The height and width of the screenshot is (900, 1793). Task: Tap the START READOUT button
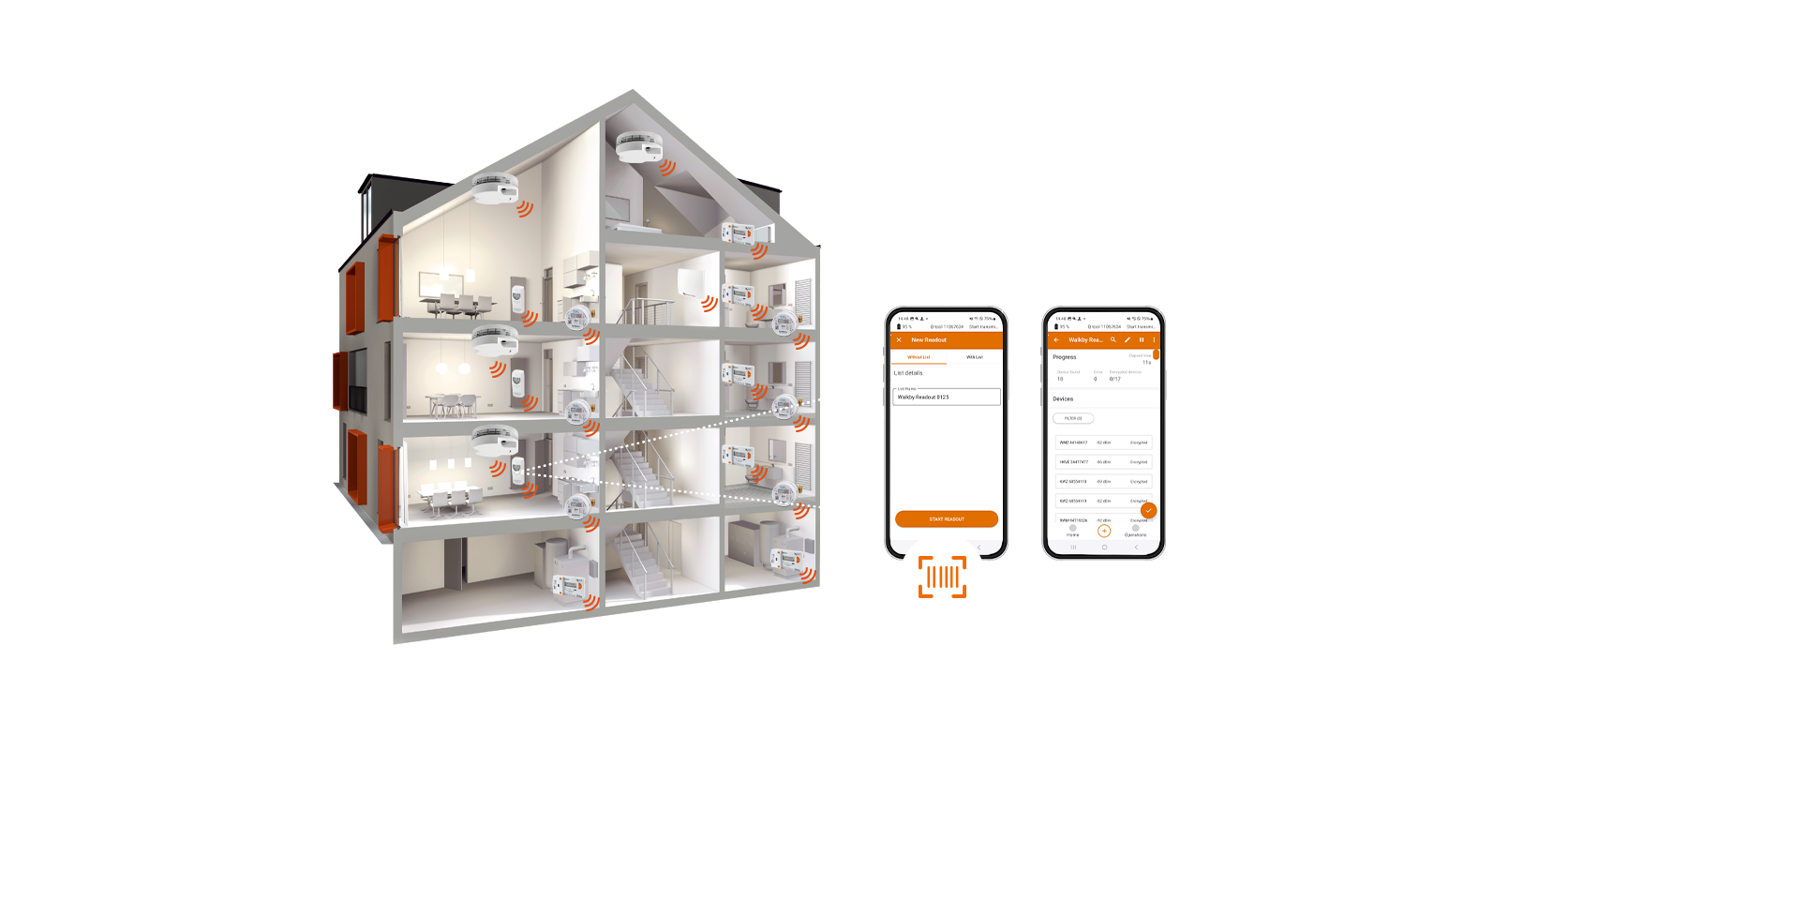946,518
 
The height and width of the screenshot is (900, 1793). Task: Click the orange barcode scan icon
942,577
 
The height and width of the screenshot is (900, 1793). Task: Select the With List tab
975,357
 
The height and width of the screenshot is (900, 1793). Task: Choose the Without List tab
919,357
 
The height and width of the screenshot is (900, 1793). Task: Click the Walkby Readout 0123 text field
946,397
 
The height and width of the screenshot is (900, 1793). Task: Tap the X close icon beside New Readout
899,340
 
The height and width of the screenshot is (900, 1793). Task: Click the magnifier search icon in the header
1113,340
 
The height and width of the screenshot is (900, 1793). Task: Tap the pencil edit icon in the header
1128,340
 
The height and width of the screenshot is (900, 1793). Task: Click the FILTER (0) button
1073,418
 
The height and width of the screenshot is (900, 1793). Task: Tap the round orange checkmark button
1148,511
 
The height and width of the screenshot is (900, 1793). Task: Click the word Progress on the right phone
1065,357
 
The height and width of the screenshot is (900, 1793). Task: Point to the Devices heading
1063,399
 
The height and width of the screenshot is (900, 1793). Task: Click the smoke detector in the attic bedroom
639,147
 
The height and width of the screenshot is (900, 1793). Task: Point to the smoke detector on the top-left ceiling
494,188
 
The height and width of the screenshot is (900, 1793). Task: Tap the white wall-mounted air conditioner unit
691,281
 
